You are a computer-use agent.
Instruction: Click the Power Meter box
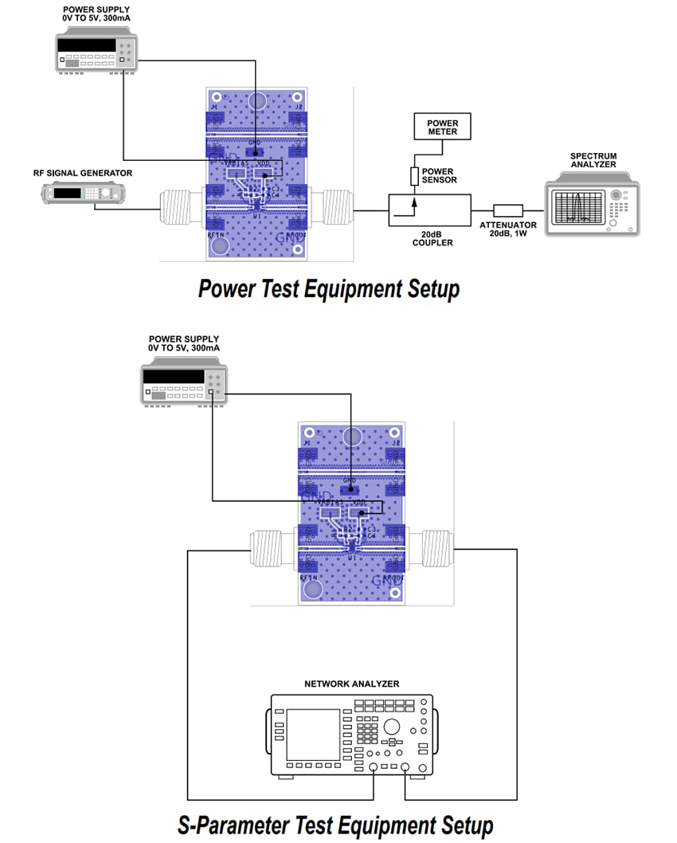(443, 127)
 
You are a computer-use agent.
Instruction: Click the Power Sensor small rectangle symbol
(414, 177)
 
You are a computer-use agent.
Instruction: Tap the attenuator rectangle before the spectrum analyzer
(508, 211)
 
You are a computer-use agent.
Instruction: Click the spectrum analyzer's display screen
(578, 208)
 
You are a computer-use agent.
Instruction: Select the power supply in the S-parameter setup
(184, 386)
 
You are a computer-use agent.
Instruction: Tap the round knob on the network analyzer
(391, 726)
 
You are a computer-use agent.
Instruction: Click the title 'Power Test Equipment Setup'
(328, 288)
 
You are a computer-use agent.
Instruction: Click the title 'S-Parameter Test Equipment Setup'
(335, 824)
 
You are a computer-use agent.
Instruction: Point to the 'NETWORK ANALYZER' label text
(351, 684)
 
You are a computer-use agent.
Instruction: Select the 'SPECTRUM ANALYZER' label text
(593, 160)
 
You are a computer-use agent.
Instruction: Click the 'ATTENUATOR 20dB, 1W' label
(508, 229)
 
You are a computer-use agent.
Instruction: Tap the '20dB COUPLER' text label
(432, 238)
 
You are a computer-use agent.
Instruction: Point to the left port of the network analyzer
(374, 768)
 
